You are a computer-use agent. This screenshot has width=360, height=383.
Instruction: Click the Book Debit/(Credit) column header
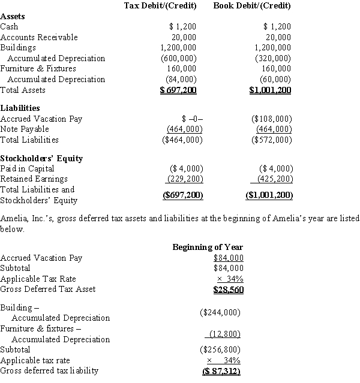tap(252, 6)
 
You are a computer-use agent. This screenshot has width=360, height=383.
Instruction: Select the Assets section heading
tap(13, 17)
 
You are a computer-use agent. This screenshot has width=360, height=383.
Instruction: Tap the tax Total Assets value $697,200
tap(178, 91)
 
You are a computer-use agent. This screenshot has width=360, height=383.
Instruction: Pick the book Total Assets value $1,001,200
tap(270, 91)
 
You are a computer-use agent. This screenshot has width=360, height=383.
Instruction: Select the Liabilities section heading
tap(20, 108)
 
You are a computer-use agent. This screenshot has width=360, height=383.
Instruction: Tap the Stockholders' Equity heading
tap(41, 158)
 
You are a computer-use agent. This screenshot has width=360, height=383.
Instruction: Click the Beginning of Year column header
tap(208, 247)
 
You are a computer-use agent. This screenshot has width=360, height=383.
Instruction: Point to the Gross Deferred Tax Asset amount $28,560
tap(228, 289)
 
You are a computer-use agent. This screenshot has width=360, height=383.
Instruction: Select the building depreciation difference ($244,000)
tap(220, 312)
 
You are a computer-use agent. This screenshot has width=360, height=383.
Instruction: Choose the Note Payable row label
tap(25, 129)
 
